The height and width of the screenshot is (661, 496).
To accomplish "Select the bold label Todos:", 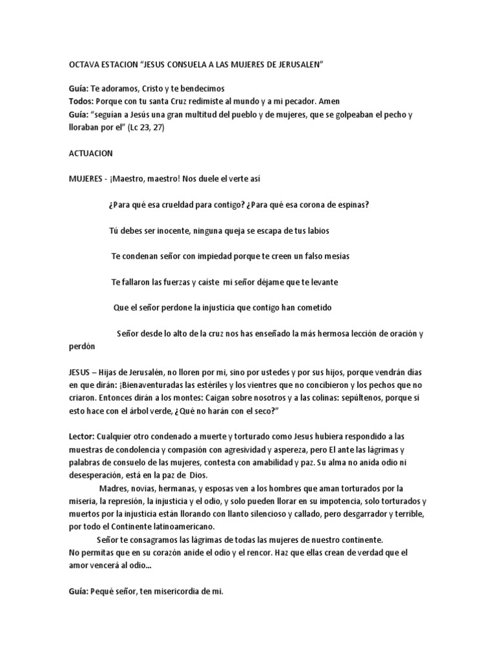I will point(81,101).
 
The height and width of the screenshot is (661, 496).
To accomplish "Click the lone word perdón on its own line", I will point(81,346).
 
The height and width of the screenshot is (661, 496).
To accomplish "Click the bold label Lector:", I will point(82,437).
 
